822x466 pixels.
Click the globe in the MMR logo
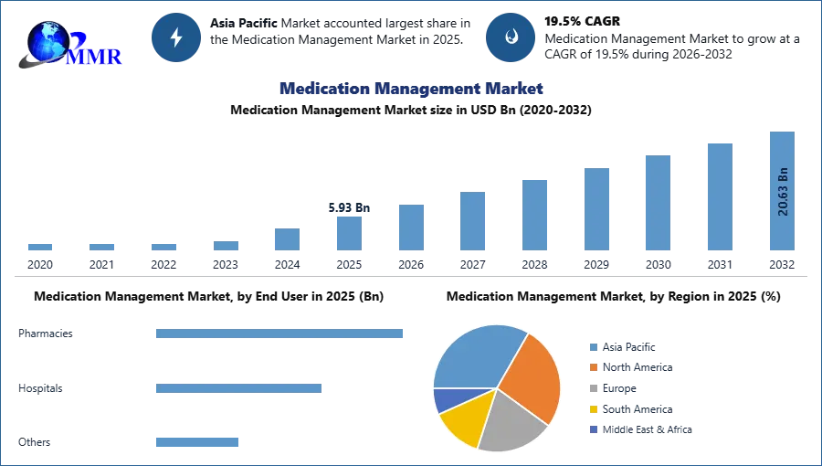tap(47, 41)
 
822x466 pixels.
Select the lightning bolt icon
tap(177, 37)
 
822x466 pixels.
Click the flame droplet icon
tap(511, 37)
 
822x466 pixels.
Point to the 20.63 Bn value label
tap(783, 192)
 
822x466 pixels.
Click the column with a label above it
tap(350, 233)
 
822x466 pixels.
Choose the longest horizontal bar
tap(280, 335)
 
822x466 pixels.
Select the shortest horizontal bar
tap(196, 442)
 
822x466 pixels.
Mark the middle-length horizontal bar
tap(237, 387)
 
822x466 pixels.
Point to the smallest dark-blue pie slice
tap(445, 399)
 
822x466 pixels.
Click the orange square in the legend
tap(593, 367)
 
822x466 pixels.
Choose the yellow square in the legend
tap(593, 409)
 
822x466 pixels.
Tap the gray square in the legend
tap(593, 388)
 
